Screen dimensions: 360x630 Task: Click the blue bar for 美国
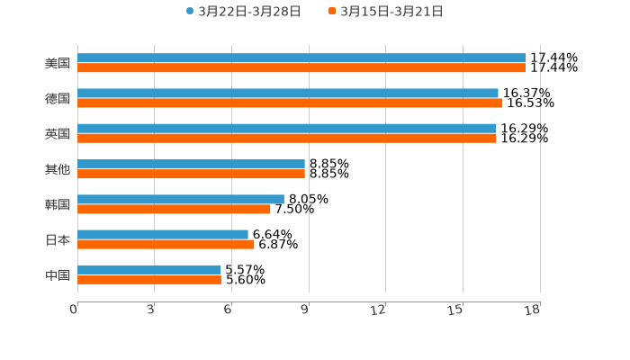pyautogui.click(x=301, y=58)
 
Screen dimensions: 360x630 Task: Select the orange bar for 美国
pyautogui.click(x=301, y=67)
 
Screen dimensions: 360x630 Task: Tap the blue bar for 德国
pyautogui.click(x=288, y=94)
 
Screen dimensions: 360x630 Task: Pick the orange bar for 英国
pyautogui.click(x=287, y=138)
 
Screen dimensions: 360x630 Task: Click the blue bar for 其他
pyautogui.click(x=191, y=165)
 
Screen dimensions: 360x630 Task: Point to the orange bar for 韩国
pyautogui.click(x=174, y=209)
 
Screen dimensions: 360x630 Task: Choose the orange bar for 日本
pyautogui.click(x=166, y=244)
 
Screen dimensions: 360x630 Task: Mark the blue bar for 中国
pyautogui.click(x=149, y=270)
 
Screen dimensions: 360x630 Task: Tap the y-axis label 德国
pyautogui.click(x=58, y=98)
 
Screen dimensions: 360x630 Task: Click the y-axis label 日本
pyautogui.click(x=58, y=239)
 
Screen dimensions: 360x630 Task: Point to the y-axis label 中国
pyautogui.click(x=58, y=274)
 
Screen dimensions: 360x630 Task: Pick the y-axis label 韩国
pyautogui.click(x=58, y=204)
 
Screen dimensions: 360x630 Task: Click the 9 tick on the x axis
pyautogui.click(x=306, y=310)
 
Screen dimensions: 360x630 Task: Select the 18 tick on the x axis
pyautogui.click(x=533, y=310)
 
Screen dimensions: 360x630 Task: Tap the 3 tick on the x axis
pyautogui.click(x=150, y=310)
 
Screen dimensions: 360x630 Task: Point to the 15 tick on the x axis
pyautogui.click(x=456, y=310)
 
